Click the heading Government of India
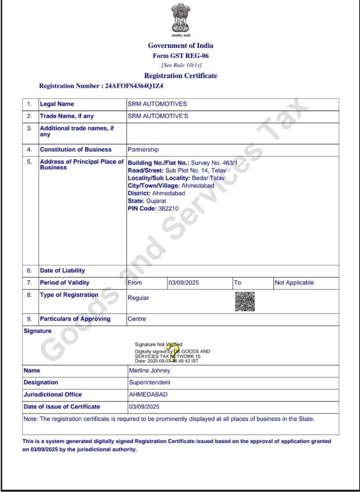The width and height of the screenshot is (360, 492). pyautogui.click(x=180, y=45)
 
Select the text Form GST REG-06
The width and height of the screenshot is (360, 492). pyautogui.click(x=180, y=56)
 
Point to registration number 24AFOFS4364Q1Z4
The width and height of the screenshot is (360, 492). pyautogui.click(x=134, y=86)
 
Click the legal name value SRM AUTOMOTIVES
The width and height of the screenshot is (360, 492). pyautogui.click(x=157, y=104)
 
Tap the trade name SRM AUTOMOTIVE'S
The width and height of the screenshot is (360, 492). pyautogui.click(x=158, y=116)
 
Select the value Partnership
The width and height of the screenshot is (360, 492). pyautogui.click(x=143, y=150)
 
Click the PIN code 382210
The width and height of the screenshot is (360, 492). pyautogui.click(x=168, y=209)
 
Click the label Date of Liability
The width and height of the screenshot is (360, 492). pyautogui.click(x=62, y=271)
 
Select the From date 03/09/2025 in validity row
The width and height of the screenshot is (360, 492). pyautogui.click(x=183, y=283)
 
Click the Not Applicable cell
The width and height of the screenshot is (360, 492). pyautogui.click(x=294, y=283)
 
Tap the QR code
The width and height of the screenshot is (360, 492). pyautogui.click(x=244, y=301)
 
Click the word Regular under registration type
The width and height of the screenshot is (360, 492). pyautogui.click(x=138, y=298)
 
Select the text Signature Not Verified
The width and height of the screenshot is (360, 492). pyautogui.click(x=159, y=344)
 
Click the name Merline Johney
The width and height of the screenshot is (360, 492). pyautogui.click(x=149, y=370)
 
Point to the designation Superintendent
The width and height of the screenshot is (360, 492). pyautogui.click(x=150, y=382)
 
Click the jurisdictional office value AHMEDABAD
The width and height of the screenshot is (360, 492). pyautogui.click(x=148, y=395)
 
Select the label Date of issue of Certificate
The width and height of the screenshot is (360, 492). pyautogui.click(x=62, y=407)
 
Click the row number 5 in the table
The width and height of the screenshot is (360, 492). pyautogui.click(x=30, y=162)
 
